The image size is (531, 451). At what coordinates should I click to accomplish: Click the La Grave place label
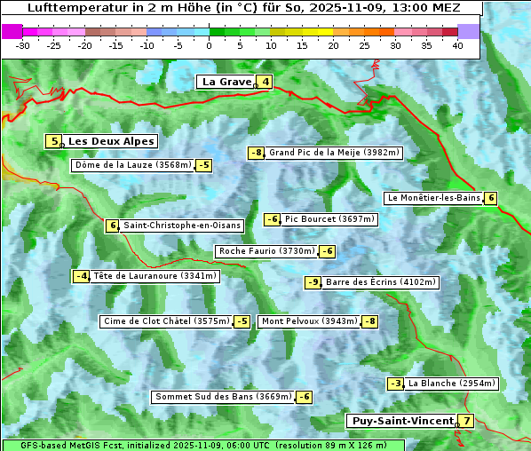point(227,82)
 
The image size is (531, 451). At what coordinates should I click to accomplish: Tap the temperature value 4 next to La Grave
point(265,83)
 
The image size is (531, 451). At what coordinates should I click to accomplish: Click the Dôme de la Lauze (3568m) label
point(132,165)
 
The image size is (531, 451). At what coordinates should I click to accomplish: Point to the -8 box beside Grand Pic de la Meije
point(256,153)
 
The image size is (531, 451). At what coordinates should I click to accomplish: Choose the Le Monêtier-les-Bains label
point(433,198)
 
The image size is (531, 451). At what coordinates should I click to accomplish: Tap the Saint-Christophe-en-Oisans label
point(182,225)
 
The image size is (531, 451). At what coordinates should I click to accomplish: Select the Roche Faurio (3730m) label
point(266,251)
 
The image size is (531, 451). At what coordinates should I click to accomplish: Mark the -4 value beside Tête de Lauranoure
point(82,276)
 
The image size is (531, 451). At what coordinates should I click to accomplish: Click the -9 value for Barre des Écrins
point(313,282)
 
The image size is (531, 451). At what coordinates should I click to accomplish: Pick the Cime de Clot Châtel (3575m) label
point(166,321)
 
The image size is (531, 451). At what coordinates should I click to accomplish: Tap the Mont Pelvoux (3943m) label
point(309,321)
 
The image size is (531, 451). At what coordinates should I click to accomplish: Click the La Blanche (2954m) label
point(452,384)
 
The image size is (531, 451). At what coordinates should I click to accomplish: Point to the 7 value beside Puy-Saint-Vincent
point(466,421)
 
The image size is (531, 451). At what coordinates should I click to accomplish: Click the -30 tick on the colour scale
point(23,45)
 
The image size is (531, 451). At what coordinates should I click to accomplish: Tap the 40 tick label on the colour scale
point(457,45)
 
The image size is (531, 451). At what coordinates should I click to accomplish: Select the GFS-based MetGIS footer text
point(71,445)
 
